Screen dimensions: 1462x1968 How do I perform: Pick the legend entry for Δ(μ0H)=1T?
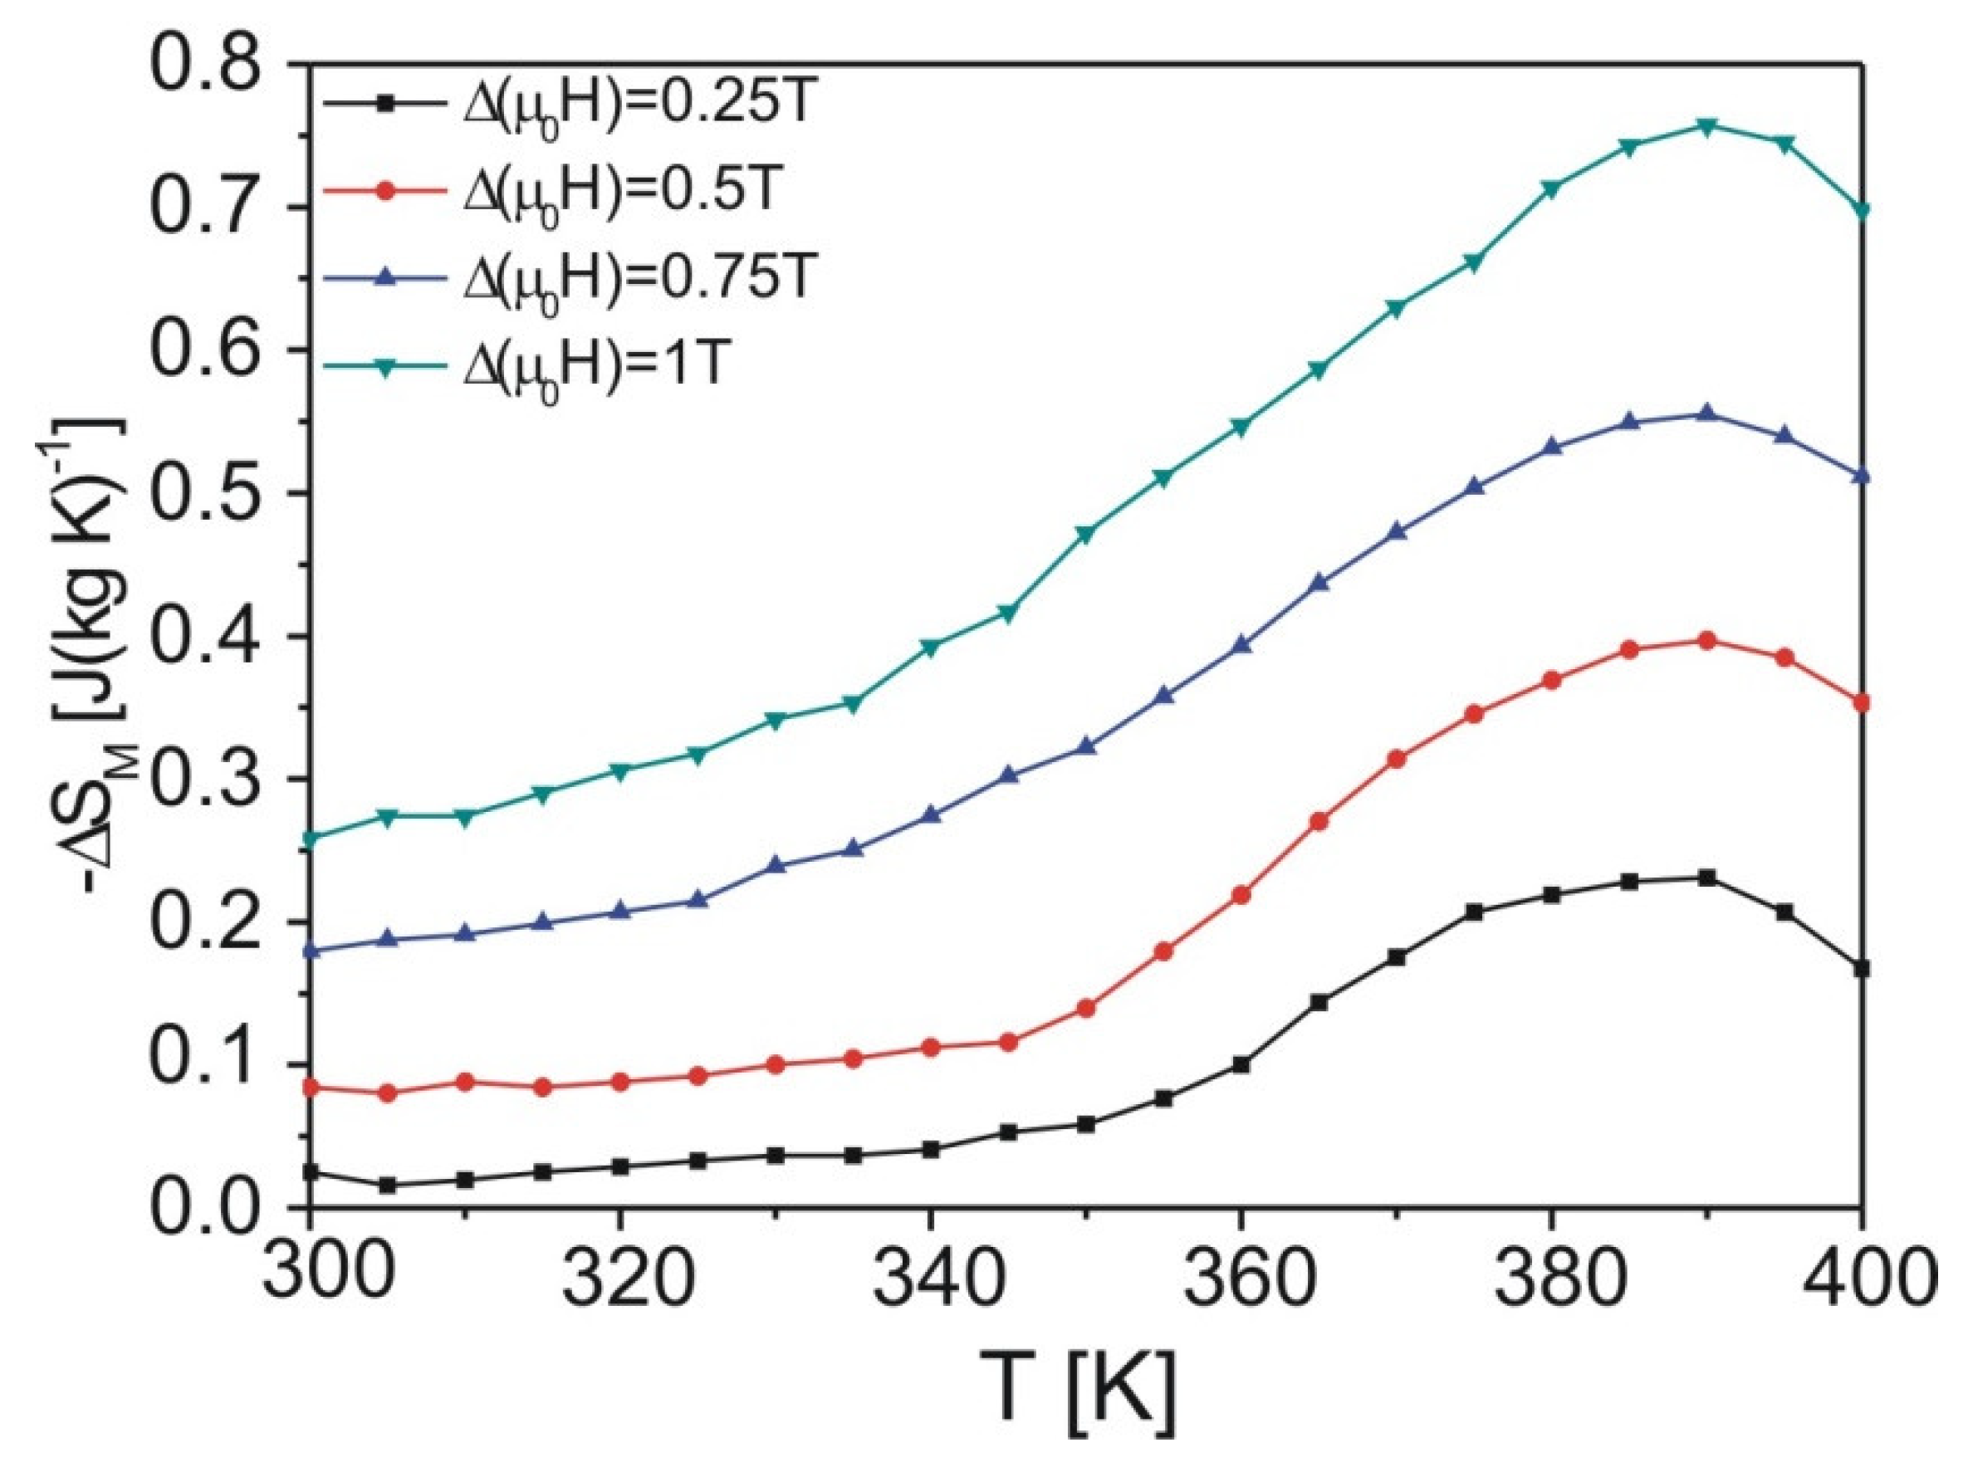click(566, 366)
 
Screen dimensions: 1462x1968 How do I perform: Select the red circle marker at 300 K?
click(309, 1088)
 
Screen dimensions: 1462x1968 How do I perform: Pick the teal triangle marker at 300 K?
click(309, 837)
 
